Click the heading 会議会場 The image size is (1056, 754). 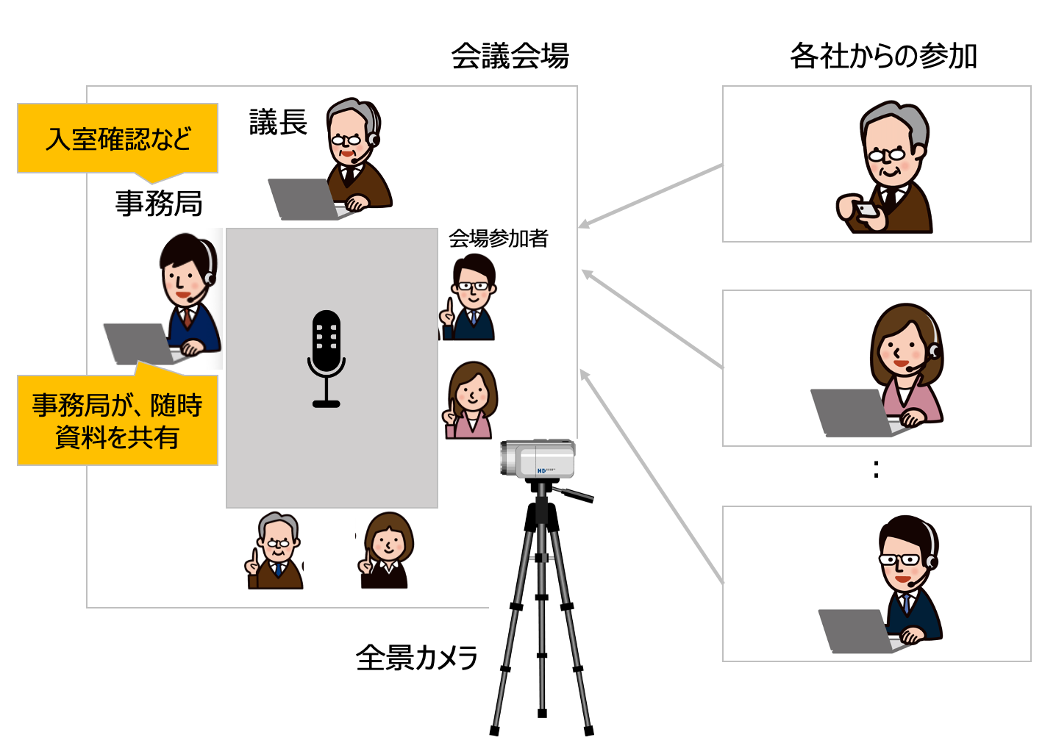coord(510,56)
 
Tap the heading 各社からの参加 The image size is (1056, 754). coord(883,56)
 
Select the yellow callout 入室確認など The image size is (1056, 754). coord(118,138)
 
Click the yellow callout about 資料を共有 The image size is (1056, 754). coord(118,420)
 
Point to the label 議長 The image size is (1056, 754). coord(278,122)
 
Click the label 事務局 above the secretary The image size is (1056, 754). coord(159,204)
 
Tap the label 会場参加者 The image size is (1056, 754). coord(498,239)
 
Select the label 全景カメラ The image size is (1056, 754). coord(416,658)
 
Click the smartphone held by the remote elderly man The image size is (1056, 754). coord(867,210)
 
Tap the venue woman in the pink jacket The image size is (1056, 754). coord(471,401)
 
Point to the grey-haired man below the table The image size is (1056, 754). coord(276,551)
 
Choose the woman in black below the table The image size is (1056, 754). coord(386,551)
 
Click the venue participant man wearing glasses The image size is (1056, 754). coord(471,298)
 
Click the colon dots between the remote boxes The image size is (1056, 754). coord(876,469)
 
